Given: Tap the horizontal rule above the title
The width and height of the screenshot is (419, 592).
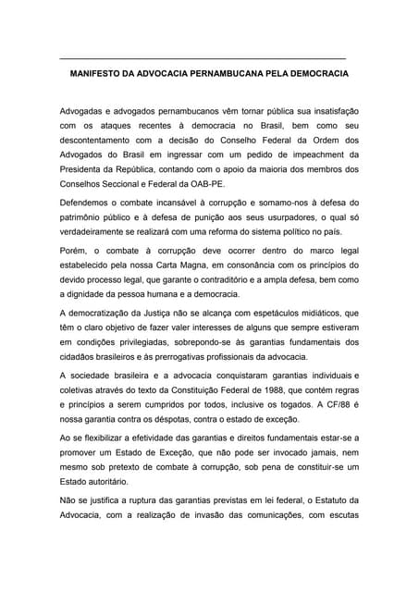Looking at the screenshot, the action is coord(202,58).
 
